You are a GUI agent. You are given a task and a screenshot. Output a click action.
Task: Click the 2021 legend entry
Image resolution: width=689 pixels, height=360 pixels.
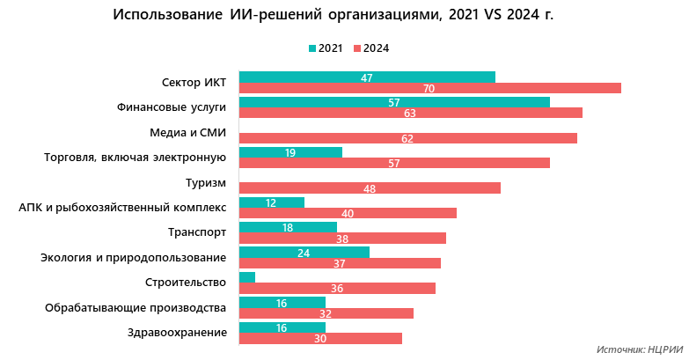(x=326, y=48)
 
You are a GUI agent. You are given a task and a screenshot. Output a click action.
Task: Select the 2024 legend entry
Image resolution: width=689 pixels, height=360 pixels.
(x=370, y=48)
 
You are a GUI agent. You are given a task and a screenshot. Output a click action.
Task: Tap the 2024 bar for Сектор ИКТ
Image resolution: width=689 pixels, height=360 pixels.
(x=429, y=88)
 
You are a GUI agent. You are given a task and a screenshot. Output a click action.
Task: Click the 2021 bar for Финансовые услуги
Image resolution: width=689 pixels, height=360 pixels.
(x=394, y=102)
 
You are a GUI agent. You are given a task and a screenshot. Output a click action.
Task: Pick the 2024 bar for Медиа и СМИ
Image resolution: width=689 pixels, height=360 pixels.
(x=407, y=138)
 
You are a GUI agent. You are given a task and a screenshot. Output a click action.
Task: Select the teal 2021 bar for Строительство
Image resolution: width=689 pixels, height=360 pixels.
(x=247, y=277)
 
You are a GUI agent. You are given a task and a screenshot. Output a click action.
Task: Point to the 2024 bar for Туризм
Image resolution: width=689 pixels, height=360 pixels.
(x=370, y=188)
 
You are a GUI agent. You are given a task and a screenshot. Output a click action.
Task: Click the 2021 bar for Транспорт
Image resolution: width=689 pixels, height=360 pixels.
(x=288, y=227)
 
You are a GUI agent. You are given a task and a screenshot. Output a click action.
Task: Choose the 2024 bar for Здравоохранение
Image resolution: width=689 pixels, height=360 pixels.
(x=320, y=339)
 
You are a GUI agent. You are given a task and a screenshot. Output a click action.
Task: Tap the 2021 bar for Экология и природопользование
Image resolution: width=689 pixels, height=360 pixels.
(x=304, y=253)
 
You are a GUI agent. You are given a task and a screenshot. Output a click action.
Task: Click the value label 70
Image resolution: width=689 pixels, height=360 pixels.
(x=429, y=89)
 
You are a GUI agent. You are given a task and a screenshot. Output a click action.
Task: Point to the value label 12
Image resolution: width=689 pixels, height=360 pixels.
(x=271, y=202)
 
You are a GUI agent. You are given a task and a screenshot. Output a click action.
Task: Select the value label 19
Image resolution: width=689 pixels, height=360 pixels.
(x=290, y=152)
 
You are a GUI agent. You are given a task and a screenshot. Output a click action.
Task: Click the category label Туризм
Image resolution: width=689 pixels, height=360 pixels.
(x=206, y=183)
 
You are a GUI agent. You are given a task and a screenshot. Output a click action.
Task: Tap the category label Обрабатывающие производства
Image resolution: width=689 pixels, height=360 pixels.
(x=136, y=307)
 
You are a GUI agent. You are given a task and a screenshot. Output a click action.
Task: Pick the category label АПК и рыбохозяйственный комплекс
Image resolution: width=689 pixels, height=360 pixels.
(x=122, y=208)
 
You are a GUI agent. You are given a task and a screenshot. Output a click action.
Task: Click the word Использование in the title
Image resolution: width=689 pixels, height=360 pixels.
(x=166, y=16)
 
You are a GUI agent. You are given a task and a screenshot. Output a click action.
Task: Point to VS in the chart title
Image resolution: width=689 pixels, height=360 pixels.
(x=488, y=16)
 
